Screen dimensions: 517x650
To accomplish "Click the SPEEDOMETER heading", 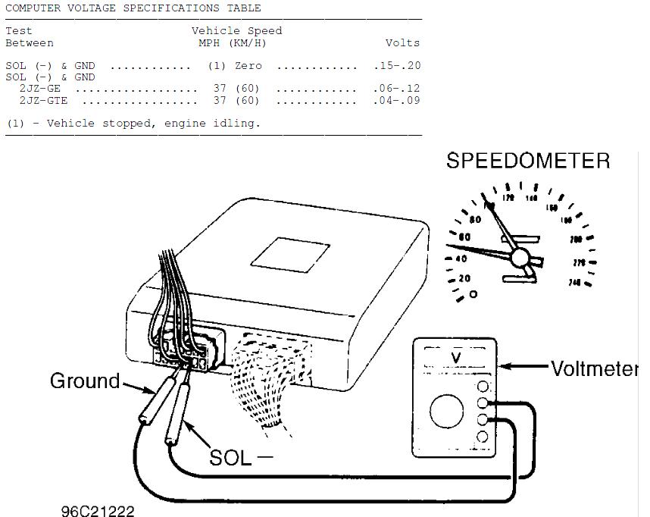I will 527,161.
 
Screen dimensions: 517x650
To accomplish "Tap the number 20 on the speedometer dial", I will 464,278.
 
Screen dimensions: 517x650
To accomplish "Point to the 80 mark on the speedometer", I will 475,221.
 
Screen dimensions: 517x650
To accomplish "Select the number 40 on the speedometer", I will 461,258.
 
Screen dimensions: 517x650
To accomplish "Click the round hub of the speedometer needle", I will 520,258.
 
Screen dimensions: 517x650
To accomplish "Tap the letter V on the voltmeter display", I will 456,357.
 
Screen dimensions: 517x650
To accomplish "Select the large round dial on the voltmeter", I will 446,412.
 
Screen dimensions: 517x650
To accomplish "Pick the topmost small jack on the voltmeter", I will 482,387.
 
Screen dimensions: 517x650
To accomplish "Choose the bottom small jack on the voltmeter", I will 482,437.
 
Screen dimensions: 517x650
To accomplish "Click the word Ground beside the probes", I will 85,381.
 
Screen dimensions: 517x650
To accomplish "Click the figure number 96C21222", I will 98,510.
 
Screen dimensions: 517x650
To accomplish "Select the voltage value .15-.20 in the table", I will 396,66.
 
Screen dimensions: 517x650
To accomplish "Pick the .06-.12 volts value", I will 396,89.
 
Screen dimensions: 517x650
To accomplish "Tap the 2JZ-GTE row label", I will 43,100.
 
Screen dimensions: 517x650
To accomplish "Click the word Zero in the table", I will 248,66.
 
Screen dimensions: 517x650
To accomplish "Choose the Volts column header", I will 402,42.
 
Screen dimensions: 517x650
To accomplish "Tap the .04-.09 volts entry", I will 396,100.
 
